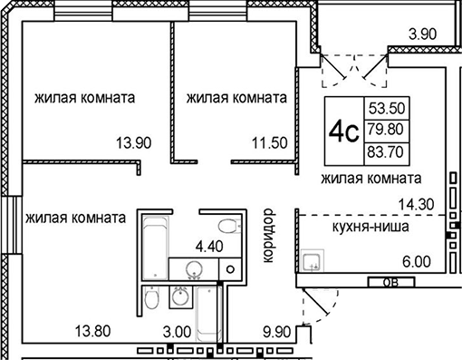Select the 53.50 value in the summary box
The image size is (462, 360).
click(x=386, y=105)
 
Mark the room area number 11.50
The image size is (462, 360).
click(x=268, y=141)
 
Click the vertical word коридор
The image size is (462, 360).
click(x=267, y=236)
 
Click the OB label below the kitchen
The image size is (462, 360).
click(x=389, y=282)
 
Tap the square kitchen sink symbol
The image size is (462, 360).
click(x=313, y=262)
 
